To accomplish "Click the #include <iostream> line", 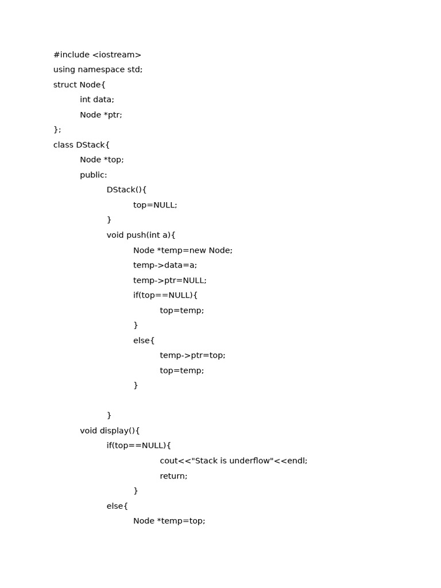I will coord(97,55).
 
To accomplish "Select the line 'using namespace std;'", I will coord(98,70).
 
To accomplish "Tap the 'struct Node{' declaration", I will coord(79,85).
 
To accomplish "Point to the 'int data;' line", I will coord(97,100).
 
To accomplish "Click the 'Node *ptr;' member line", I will coord(101,115).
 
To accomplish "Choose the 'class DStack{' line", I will coord(81,145).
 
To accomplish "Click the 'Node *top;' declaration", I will coord(102,160).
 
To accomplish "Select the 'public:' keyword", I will coord(94,175).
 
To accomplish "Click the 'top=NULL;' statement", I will coord(155,206).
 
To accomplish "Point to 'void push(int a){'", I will coord(141,235).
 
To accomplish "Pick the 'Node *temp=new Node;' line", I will coord(183,251).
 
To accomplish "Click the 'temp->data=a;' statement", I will coord(165,266).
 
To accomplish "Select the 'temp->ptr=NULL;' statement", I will coord(169,281).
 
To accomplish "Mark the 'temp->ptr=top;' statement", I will coord(192,356).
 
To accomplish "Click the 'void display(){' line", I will coord(110,431).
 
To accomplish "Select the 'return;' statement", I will coord(173,476).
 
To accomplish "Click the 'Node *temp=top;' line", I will coord(169,521).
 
